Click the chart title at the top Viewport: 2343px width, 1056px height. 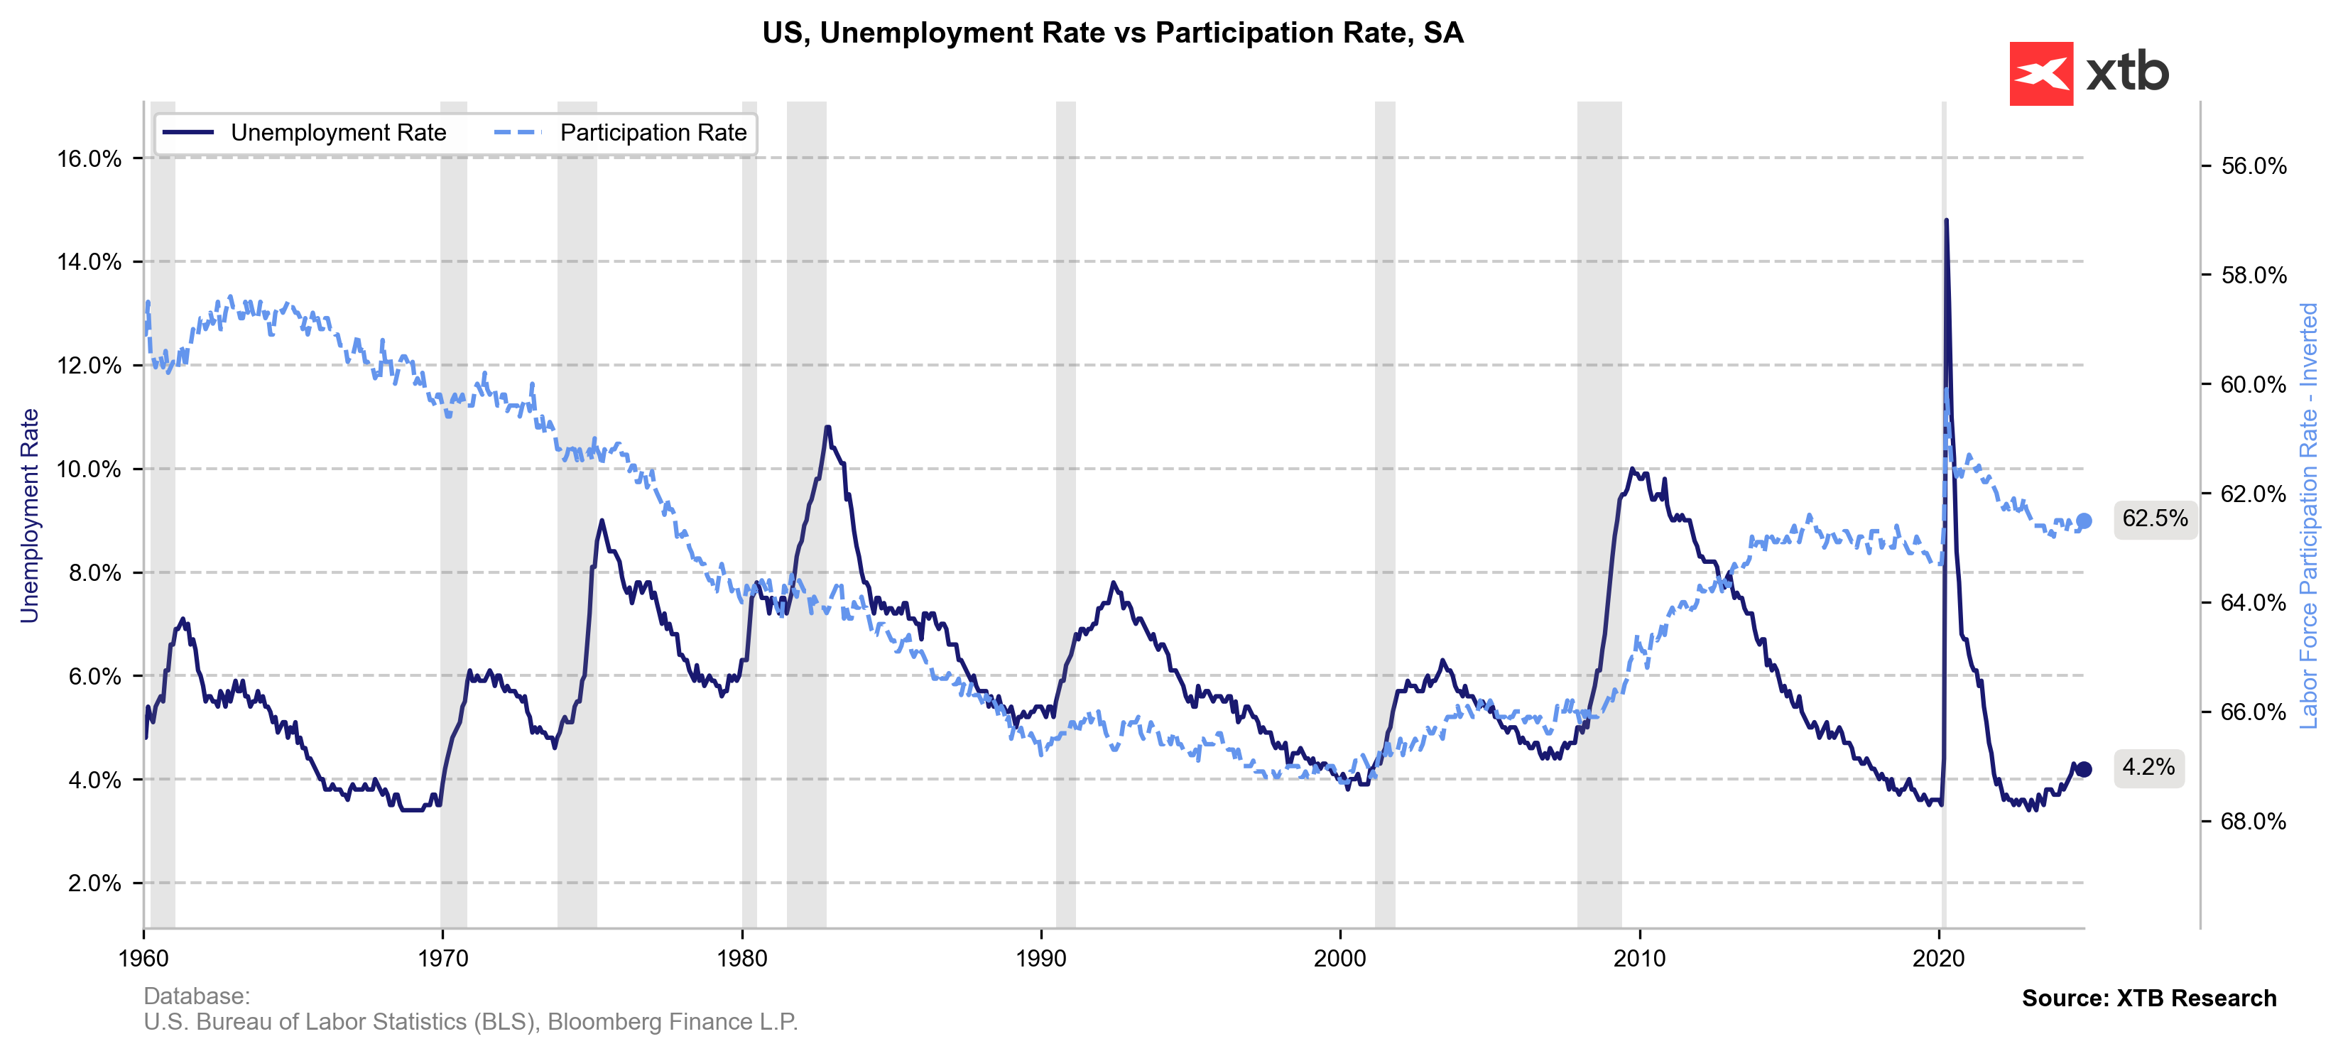[x=1112, y=33]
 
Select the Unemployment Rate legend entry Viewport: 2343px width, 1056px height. [x=337, y=133]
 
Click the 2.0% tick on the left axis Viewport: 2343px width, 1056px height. [x=94, y=883]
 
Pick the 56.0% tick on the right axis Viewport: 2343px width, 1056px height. [x=2253, y=165]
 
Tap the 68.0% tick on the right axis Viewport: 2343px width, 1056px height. [x=2253, y=822]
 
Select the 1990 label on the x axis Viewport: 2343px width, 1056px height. [x=1040, y=958]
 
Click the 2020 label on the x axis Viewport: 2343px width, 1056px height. [x=1938, y=958]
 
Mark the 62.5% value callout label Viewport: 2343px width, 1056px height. [x=2155, y=518]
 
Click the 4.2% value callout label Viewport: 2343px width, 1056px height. [x=2148, y=767]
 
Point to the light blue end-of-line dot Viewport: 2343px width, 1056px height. [x=2084, y=521]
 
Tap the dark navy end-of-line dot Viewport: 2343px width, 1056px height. [x=2084, y=770]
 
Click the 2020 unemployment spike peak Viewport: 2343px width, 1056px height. [x=1945, y=220]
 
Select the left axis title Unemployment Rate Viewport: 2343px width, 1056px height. [x=30, y=515]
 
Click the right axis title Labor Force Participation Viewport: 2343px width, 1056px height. [x=2308, y=515]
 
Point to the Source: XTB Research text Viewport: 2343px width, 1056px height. [x=2148, y=998]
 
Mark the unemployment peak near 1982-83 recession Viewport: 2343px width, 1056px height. [x=827, y=427]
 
